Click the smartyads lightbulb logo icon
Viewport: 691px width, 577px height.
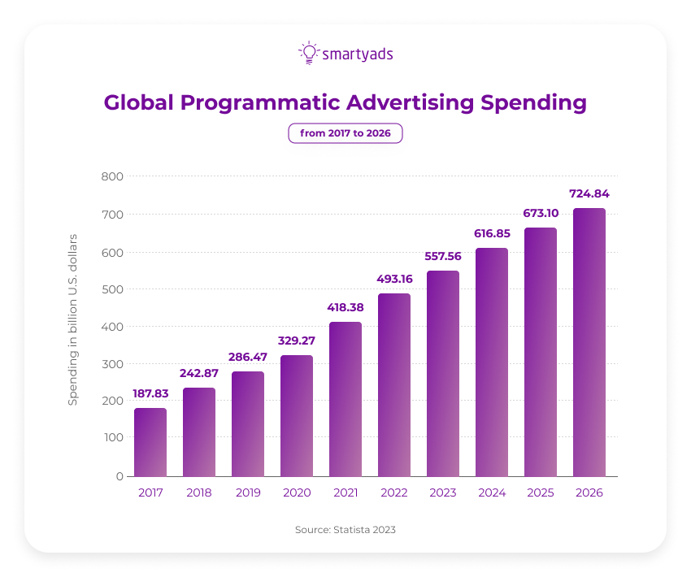pos(309,53)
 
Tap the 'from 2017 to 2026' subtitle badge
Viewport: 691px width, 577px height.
pos(345,132)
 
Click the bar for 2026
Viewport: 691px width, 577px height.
pos(589,342)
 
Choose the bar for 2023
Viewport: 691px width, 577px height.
pos(443,373)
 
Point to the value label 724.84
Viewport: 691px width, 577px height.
pos(589,194)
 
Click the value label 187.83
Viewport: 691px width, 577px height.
pos(150,393)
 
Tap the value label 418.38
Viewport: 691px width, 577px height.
pos(345,307)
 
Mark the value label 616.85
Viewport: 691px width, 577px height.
pos(492,233)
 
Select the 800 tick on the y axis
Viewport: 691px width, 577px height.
pos(112,176)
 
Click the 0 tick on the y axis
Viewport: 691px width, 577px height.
pos(119,476)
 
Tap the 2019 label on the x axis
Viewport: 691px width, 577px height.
pos(248,492)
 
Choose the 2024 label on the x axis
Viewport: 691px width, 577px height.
pos(492,492)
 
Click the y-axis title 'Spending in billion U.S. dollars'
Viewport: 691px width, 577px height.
pos(72,319)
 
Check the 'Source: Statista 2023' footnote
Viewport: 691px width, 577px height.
pos(345,529)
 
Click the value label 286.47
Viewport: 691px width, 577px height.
pos(248,357)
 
